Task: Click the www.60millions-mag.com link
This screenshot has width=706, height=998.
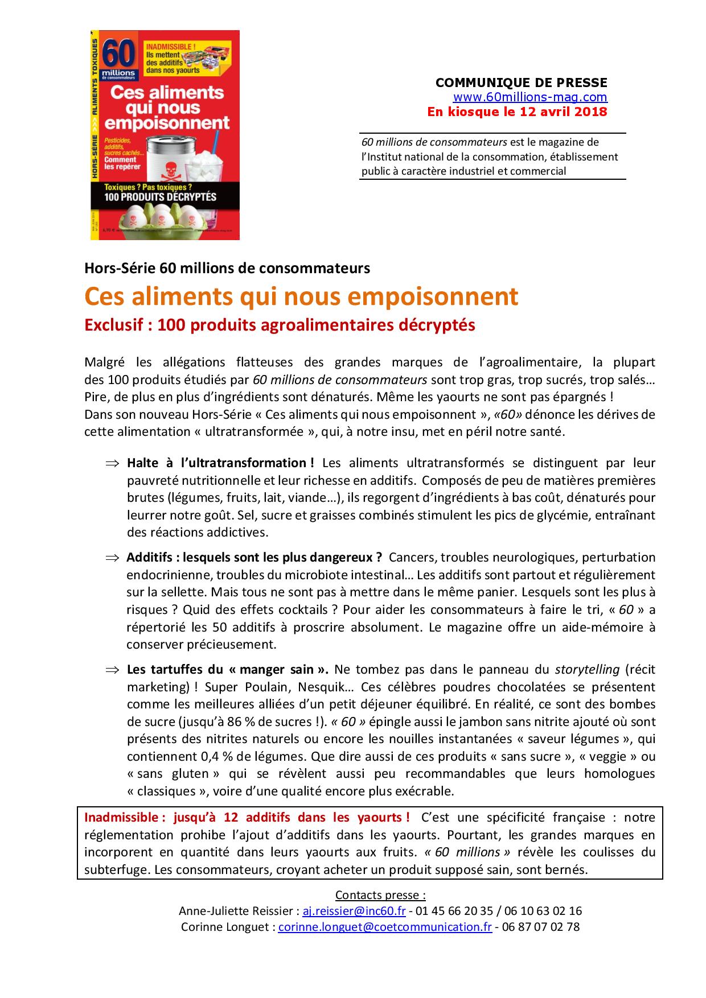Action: pyautogui.click(x=529, y=97)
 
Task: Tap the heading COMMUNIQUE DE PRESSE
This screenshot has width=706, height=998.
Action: pyautogui.click(x=522, y=83)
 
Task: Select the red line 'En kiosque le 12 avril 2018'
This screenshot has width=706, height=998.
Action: pyautogui.click(x=517, y=112)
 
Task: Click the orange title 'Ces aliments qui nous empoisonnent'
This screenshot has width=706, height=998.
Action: pyautogui.click(x=301, y=296)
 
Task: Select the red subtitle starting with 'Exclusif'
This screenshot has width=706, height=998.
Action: pyautogui.click(x=280, y=325)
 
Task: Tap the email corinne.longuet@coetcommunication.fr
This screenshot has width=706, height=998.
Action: pyautogui.click(x=385, y=927)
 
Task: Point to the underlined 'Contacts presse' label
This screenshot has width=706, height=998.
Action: pyautogui.click(x=380, y=895)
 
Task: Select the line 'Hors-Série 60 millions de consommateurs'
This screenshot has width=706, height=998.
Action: pyautogui.click(x=227, y=268)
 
